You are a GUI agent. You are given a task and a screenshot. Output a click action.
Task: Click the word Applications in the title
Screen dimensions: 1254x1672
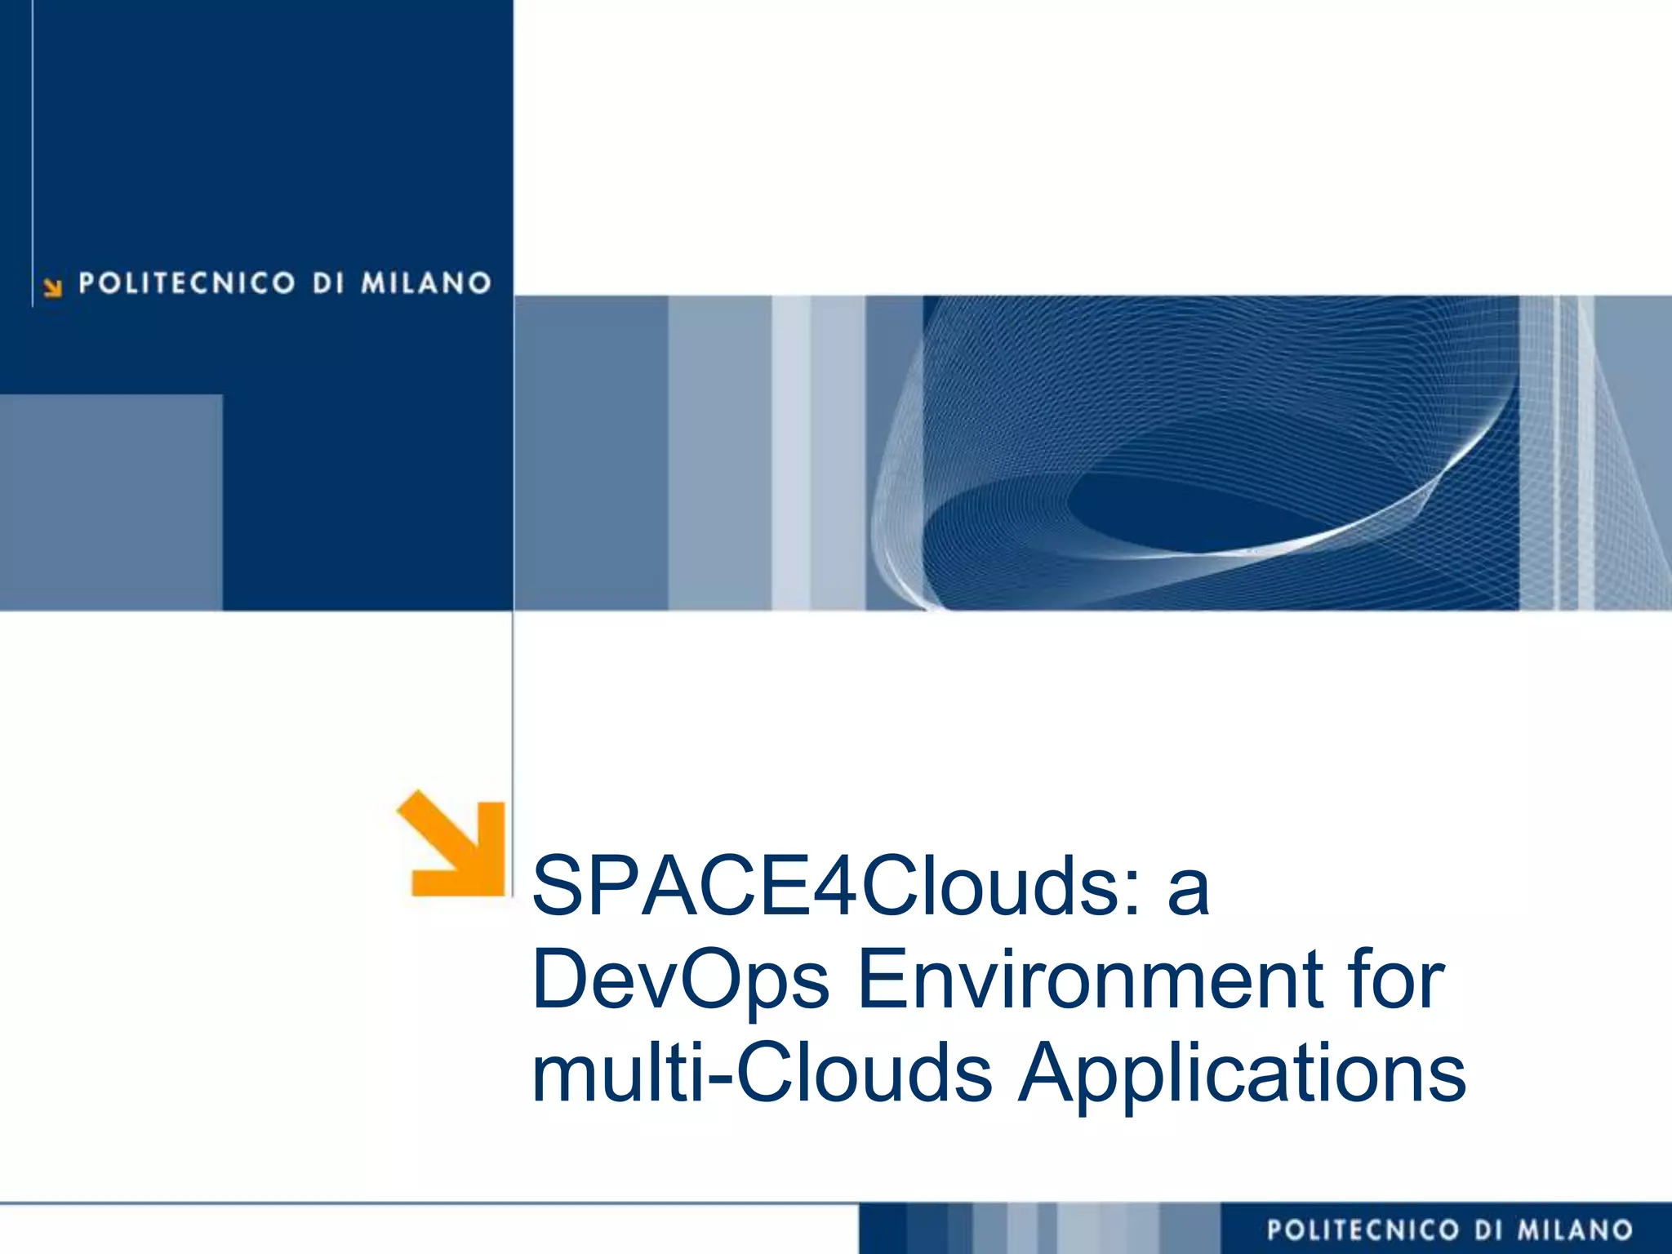click(1241, 1074)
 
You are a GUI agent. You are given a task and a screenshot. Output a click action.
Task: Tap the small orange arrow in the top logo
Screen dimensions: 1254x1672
click(53, 287)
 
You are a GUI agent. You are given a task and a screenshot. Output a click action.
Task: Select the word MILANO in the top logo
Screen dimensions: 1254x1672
click(426, 283)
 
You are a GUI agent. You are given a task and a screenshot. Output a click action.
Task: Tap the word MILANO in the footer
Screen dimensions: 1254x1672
click(1575, 1230)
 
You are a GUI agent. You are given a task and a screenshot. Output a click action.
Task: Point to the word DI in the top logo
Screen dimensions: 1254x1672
click(327, 283)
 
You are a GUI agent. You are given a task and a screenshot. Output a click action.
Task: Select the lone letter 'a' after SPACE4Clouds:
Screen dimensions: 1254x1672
click(1188, 890)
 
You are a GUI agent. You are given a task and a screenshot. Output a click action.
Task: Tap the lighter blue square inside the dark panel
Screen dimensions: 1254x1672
click(111, 502)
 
